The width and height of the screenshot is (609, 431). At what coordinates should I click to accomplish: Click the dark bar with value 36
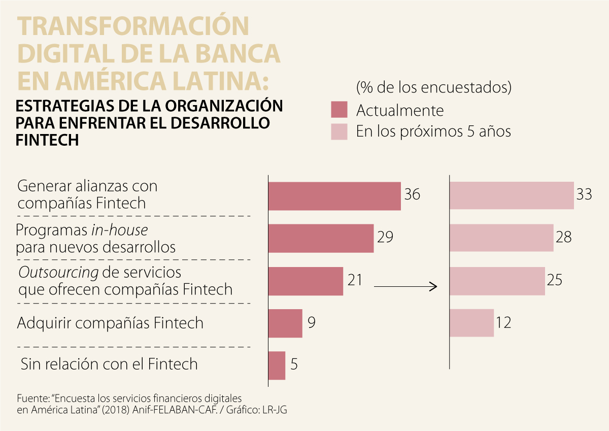pos(334,196)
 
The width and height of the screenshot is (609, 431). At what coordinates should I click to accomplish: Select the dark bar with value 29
pos(321,239)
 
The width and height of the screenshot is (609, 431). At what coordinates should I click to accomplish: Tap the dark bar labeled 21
pos(306,281)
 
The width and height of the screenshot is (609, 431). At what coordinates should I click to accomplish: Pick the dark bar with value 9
pos(285,323)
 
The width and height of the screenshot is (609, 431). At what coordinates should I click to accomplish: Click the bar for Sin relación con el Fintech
pos(277,366)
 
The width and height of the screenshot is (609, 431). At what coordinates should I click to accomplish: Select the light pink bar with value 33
pos(512,195)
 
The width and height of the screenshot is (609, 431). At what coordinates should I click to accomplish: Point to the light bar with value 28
pos(501,238)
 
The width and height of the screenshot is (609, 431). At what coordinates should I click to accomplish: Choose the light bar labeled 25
pos(497,281)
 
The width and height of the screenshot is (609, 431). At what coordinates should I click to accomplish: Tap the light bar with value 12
pos(471,323)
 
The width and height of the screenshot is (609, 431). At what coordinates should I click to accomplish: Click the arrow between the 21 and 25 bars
pos(405,287)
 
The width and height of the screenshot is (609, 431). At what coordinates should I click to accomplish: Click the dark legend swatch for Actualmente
pos(339,110)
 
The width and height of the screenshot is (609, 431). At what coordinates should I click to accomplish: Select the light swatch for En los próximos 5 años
pos(339,131)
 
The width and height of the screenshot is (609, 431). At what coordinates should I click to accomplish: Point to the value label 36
pos(413,194)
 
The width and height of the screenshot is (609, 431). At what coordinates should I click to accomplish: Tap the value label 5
pos(294,364)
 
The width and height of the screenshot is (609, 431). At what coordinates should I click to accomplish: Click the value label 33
pos(584,194)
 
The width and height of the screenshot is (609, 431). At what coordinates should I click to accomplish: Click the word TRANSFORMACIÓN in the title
pos(133,26)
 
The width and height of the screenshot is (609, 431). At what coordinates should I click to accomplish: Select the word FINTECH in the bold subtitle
pos(47,140)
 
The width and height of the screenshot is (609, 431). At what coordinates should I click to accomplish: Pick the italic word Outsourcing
pos(58,273)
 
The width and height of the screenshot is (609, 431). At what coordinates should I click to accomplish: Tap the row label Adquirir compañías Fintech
pos(110,323)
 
